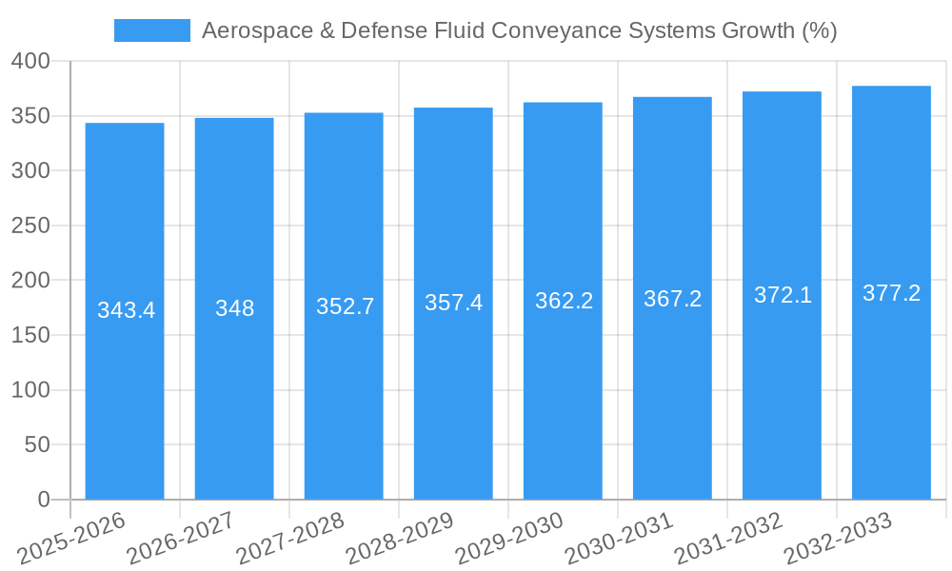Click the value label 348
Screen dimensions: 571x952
click(234, 308)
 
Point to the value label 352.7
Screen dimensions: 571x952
click(345, 306)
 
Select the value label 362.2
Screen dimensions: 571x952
click(564, 301)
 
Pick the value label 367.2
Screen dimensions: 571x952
click(672, 299)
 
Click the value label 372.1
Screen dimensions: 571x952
click(783, 295)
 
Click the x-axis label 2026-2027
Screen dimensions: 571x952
click(181, 539)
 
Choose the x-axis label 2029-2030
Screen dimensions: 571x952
click(509, 539)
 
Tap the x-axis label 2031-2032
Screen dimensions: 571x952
click(728, 539)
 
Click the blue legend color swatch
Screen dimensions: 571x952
click(152, 30)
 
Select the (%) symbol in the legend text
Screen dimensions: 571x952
click(819, 30)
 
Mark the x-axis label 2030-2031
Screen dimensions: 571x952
click(619, 539)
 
